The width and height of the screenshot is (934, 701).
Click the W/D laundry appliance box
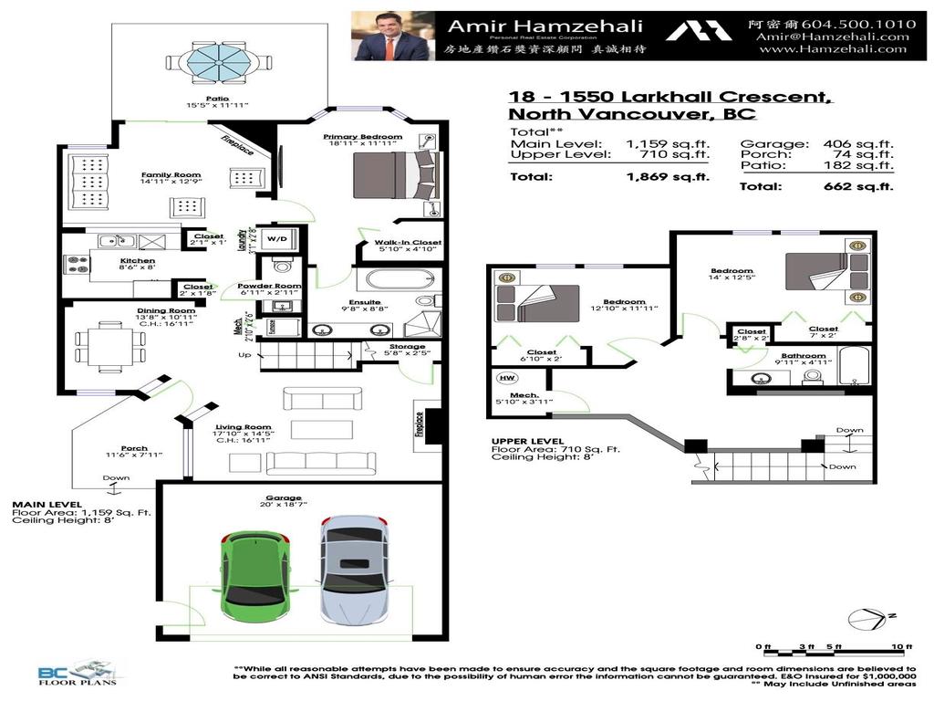point(275,239)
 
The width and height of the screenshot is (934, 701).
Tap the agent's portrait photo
point(390,36)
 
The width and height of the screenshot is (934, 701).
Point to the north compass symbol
point(867,619)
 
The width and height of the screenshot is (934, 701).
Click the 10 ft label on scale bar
point(901,646)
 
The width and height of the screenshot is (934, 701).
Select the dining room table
point(110,348)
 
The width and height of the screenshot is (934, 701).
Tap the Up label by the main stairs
point(244,355)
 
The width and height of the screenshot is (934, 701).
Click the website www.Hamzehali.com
point(833,49)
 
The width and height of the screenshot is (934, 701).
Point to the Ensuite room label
point(365,302)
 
